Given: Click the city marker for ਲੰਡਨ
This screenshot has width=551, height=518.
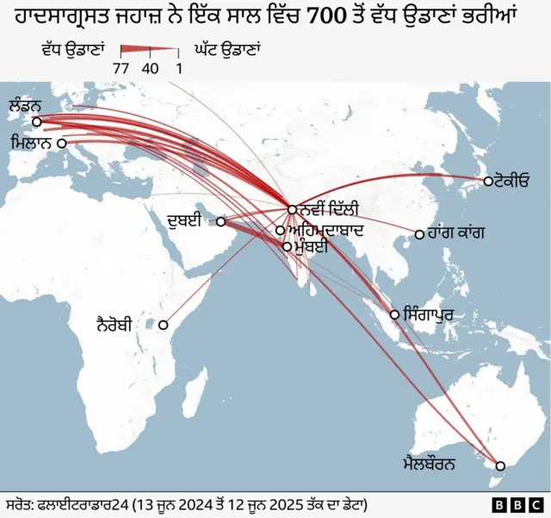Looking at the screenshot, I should (x=36, y=121).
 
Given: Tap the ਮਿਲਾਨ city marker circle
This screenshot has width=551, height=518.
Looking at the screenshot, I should (x=62, y=145).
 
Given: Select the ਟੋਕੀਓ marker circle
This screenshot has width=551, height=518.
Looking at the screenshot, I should (x=488, y=181).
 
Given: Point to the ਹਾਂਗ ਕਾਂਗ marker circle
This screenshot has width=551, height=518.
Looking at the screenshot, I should (x=419, y=234).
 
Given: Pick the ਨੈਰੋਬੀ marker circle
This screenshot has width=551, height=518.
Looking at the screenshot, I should (x=163, y=325).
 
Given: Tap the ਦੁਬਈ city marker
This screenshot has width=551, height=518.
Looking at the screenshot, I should (x=220, y=222).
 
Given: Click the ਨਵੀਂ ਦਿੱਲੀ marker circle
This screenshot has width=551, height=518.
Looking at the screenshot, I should (x=292, y=209).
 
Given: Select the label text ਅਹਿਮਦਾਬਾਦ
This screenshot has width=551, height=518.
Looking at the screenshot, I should (x=327, y=231).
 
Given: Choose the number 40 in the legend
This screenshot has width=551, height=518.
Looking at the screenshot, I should (x=151, y=68).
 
